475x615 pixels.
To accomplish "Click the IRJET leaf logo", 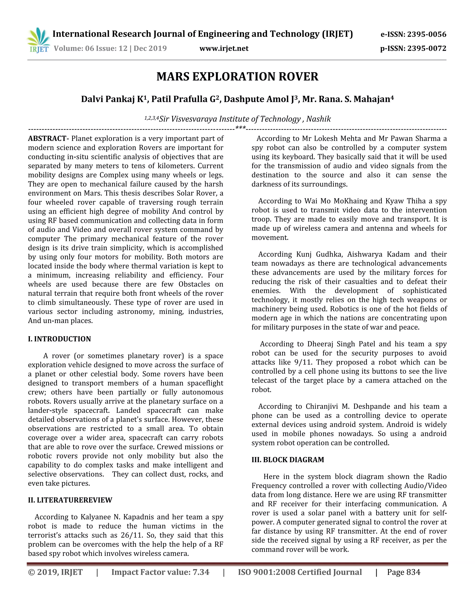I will point(39,40).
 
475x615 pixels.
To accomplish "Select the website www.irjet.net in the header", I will point(224,49).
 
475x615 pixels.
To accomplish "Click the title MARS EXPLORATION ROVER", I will point(237,77).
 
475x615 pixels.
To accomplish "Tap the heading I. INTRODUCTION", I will point(59,339).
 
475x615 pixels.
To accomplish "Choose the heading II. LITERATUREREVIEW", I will point(70,500).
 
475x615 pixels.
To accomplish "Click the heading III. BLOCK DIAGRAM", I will point(288,460).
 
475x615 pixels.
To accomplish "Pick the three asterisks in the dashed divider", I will point(240,128).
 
